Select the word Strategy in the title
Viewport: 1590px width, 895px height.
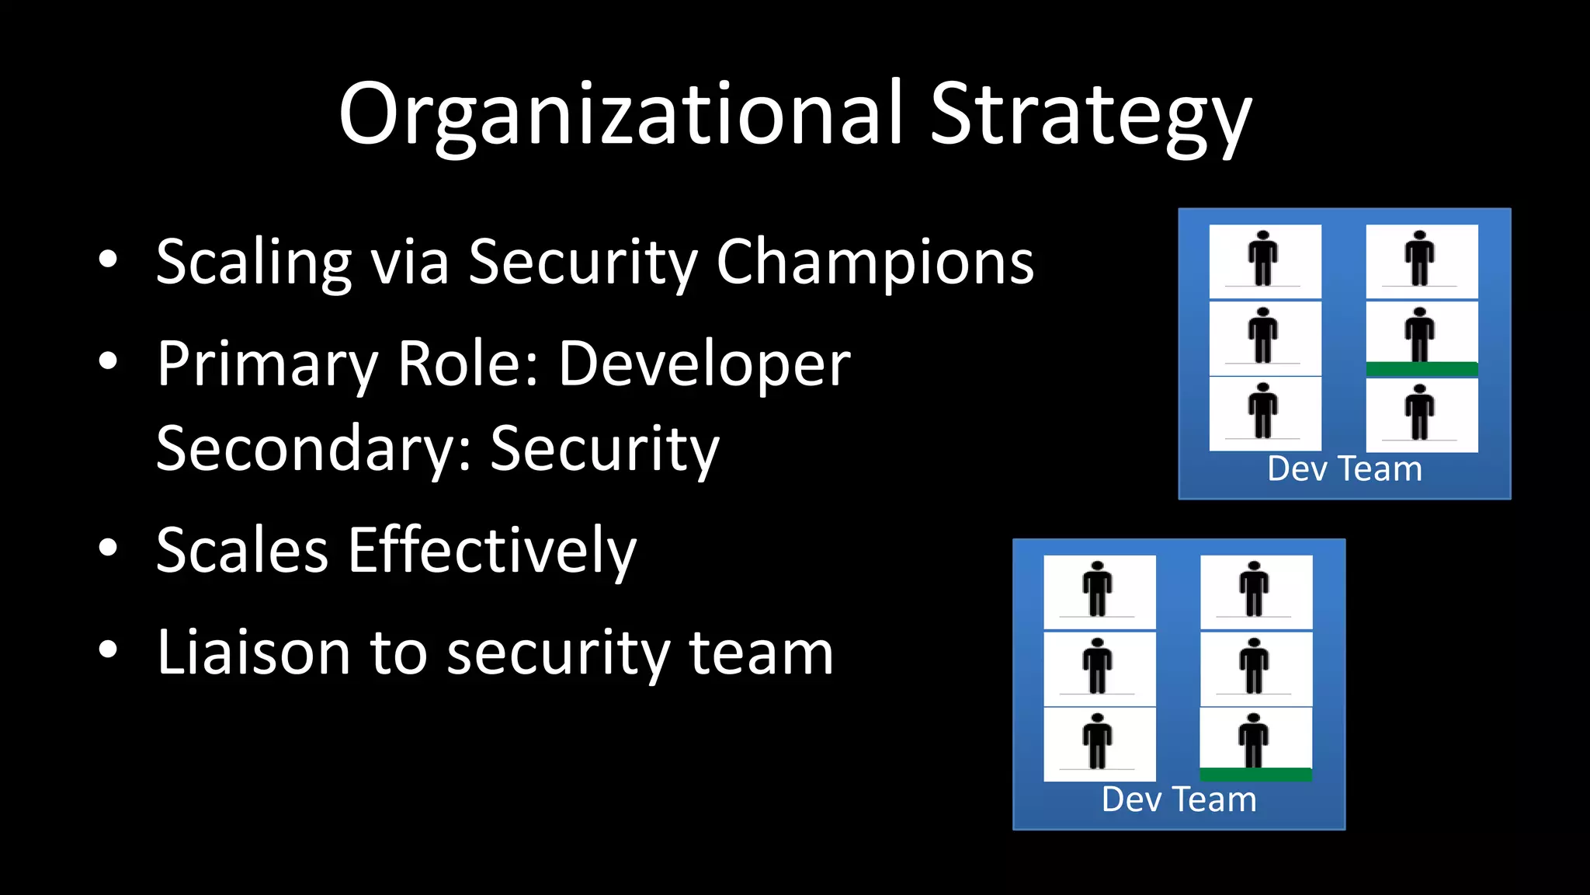(1090, 117)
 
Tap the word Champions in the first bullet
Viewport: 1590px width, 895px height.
(875, 263)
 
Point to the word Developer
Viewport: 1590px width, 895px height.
(704, 364)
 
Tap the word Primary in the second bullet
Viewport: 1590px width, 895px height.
(266, 364)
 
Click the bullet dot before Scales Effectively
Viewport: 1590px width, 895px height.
(108, 548)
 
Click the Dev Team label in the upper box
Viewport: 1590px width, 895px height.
(1345, 469)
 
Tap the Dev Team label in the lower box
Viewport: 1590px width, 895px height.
(1179, 799)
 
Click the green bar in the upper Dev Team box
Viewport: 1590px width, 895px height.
(1422, 370)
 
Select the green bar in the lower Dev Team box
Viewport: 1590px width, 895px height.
(1255, 775)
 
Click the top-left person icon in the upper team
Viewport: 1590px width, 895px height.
(1264, 259)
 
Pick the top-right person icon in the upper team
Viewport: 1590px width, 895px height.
(1420, 259)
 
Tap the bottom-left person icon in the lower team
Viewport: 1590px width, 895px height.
(1098, 741)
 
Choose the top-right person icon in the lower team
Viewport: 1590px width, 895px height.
(1255, 589)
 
